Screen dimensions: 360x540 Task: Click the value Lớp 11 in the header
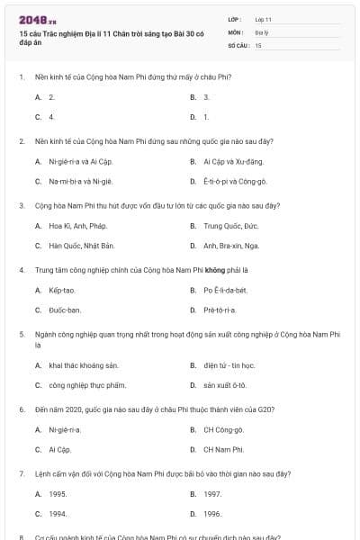(x=264, y=18)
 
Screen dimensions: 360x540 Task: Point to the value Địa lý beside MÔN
(x=262, y=31)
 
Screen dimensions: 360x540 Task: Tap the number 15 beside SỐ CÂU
(x=258, y=43)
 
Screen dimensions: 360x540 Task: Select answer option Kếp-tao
(x=62, y=291)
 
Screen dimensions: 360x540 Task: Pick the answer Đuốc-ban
(x=65, y=310)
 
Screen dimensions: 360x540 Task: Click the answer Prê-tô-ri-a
(x=220, y=310)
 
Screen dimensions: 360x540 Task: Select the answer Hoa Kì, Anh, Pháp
(x=77, y=226)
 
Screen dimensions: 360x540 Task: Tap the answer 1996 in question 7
(x=212, y=513)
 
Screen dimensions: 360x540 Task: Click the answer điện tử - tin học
(x=229, y=365)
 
